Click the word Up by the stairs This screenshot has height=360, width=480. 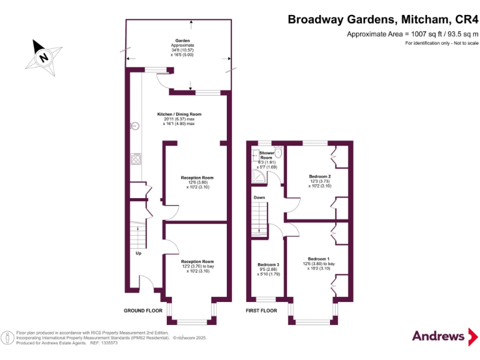(138, 253)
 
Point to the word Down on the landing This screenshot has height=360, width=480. (259, 197)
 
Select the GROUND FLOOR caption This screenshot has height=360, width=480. (143, 311)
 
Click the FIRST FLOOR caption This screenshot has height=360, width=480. (261, 311)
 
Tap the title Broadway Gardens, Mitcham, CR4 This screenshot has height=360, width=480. (382, 19)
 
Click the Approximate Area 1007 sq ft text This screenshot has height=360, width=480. (412, 34)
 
